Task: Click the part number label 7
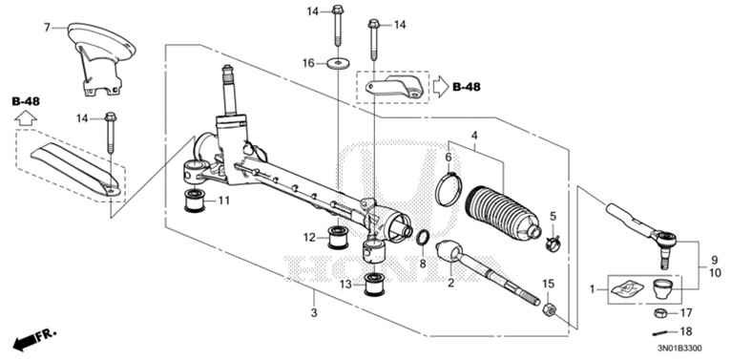(46, 27)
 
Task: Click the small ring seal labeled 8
(422, 237)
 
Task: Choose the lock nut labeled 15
(549, 309)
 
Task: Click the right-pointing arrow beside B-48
(439, 88)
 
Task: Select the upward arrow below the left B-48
(27, 118)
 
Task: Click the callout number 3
(314, 313)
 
